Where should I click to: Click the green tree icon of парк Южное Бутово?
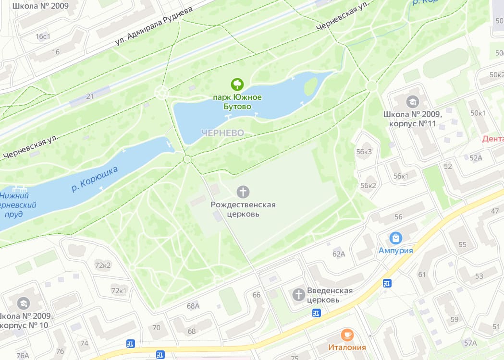click(x=237, y=85)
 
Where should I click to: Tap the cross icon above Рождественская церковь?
click(x=243, y=192)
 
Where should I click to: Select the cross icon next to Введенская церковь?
click(x=299, y=295)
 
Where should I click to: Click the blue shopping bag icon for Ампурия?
click(x=395, y=238)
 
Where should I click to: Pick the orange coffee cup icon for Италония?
click(x=347, y=335)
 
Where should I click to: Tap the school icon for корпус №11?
click(x=412, y=102)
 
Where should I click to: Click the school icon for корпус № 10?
click(x=23, y=303)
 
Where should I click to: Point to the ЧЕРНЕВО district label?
click(x=222, y=132)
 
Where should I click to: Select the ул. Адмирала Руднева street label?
click(x=153, y=26)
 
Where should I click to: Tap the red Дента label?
click(x=492, y=139)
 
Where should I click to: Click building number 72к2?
click(x=103, y=265)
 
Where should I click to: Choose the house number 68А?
click(x=193, y=306)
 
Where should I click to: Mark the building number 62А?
click(x=339, y=254)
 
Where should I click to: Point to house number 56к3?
click(x=365, y=152)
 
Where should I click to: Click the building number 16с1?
click(x=43, y=36)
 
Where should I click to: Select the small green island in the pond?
click(x=311, y=86)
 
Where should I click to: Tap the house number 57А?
click(x=470, y=343)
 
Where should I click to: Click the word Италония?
click(x=347, y=348)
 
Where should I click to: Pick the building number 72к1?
click(x=119, y=290)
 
